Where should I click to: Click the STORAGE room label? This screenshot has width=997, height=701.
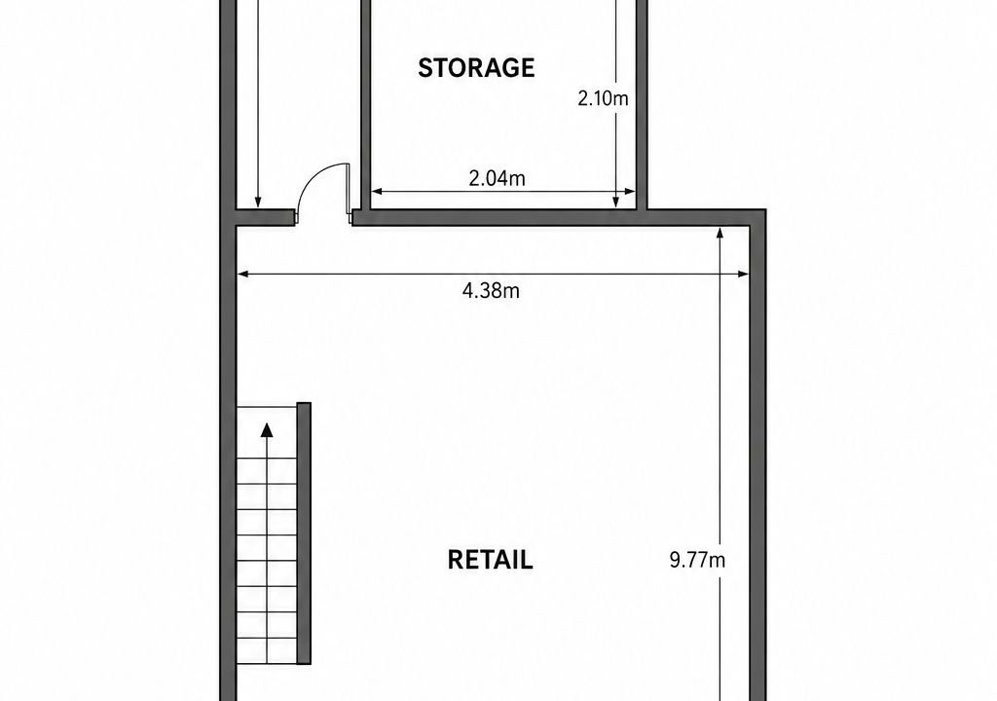pos(476,67)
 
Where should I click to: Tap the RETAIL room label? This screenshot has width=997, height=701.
pos(491,560)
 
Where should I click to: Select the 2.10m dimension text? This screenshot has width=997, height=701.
pos(603,98)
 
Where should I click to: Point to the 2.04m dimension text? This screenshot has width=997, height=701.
pos(498,179)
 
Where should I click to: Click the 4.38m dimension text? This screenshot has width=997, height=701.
pos(491,291)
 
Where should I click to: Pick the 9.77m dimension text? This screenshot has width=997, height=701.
pos(697,560)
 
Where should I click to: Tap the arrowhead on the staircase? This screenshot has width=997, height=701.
pos(267,430)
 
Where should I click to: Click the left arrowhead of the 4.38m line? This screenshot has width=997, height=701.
pos(241,275)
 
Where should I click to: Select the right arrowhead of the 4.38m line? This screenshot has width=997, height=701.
pos(744,275)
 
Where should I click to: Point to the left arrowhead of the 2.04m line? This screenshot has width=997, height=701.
pos(377,191)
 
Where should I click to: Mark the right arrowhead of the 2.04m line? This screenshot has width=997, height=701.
pos(630,191)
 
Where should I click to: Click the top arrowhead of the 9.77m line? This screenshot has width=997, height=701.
pos(720,233)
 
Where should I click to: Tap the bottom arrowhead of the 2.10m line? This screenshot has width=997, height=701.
pos(616,203)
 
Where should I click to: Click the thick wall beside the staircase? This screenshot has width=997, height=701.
pos(304,534)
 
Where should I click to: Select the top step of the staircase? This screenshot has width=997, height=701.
pos(267,420)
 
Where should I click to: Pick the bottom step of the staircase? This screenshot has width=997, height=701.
pos(267,650)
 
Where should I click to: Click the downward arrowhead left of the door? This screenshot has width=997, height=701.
pos(257,203)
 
